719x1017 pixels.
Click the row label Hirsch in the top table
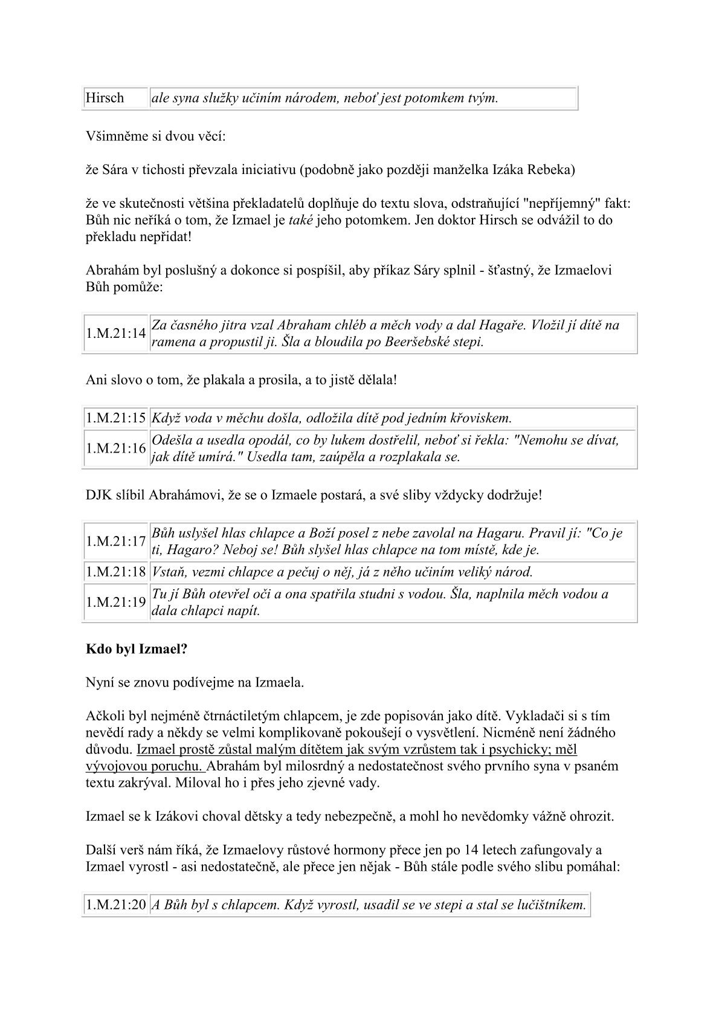tap(105, 98)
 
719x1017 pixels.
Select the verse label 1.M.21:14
tap(116, 333)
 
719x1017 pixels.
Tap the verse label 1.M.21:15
tap(116, 418)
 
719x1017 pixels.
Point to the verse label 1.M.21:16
tap(116, 448)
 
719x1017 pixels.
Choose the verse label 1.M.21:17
tap(116, 541)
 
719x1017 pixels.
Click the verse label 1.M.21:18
tap(116, 572)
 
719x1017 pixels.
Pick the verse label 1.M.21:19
tap(116, 602)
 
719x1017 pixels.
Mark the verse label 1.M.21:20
tap(116, 905)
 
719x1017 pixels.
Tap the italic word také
tap(300, 220)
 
